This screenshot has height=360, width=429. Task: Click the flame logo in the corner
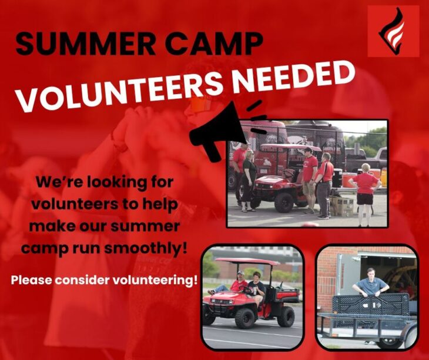tap(393, 31)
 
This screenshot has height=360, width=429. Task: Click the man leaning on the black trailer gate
tap(370, 284)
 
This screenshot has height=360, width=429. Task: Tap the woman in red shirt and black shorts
tap(365, 194)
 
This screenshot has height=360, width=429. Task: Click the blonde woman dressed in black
tap(249, 181)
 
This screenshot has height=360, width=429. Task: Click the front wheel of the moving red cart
tap(244, 318)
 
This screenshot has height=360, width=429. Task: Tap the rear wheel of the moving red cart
tap(286, 316)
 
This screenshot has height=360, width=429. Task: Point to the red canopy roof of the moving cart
tap(247, 261)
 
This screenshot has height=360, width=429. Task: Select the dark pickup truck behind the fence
tap(364, 159)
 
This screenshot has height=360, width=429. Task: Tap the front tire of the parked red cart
tap(283, 202)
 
